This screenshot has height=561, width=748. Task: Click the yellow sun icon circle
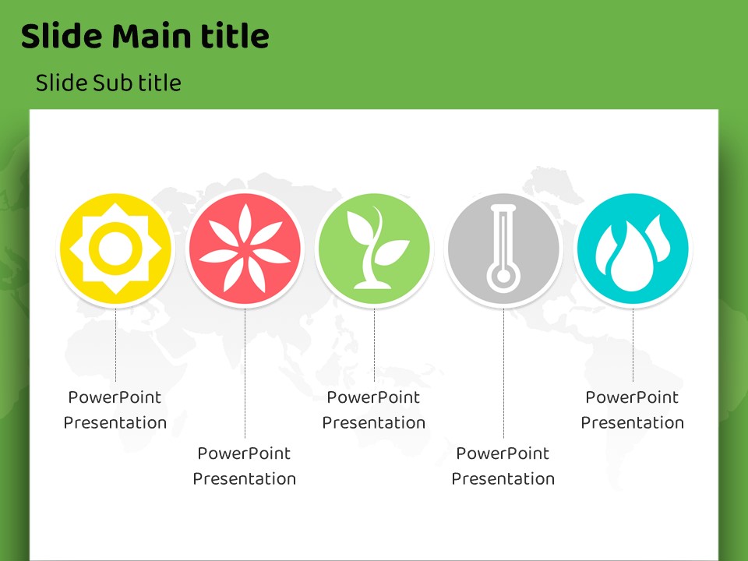115,249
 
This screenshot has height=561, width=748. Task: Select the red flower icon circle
245,249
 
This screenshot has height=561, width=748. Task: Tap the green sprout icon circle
374,249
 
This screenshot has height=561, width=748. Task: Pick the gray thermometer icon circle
503,249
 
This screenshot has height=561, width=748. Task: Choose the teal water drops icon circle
633,249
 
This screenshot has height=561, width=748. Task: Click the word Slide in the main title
62,37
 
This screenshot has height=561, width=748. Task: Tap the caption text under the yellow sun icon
115,410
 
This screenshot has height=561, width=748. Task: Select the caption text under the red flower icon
244,466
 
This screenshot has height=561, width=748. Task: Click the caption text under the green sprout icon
373,410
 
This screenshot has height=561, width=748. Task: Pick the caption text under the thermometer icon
503,466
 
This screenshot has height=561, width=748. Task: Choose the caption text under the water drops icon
632,410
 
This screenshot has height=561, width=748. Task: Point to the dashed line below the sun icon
115,345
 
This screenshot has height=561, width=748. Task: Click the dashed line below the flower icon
245,373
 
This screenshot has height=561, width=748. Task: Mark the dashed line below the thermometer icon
503,373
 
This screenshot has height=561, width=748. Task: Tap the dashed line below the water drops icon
633,345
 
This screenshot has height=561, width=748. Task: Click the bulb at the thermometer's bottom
503,277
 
